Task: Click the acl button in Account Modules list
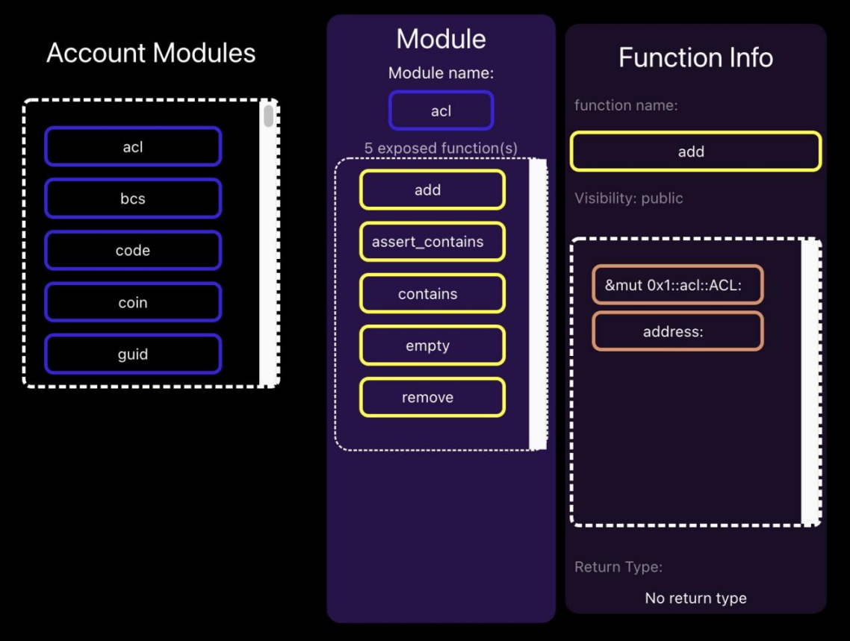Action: [x=133, y=146]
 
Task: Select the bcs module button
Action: [x=133, y=198]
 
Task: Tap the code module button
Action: [x=133, y=250]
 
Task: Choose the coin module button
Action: [x=133, y=302]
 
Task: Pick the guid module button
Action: [x=133, y=354]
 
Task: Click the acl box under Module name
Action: [x=441, y=110]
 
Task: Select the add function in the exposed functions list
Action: [x=432, y=190]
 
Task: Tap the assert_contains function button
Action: [x=432, y=242]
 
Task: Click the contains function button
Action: [x=432, y=293]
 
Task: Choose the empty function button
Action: [x=432, y=345]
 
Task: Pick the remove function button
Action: [x=432, y=398]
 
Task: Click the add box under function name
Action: [x=695, y=151]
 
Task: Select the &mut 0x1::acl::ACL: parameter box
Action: [x=677, y=284]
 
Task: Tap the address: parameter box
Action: [x=677, y=331]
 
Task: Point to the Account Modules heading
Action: [x=151, y=53]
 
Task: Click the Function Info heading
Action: [x=695, y=57]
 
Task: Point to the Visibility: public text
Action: [x=629, y=198]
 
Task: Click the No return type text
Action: [x=695, y=598]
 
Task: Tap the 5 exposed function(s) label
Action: [x=441, y=148]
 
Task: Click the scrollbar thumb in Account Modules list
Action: [x=268, y=116]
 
